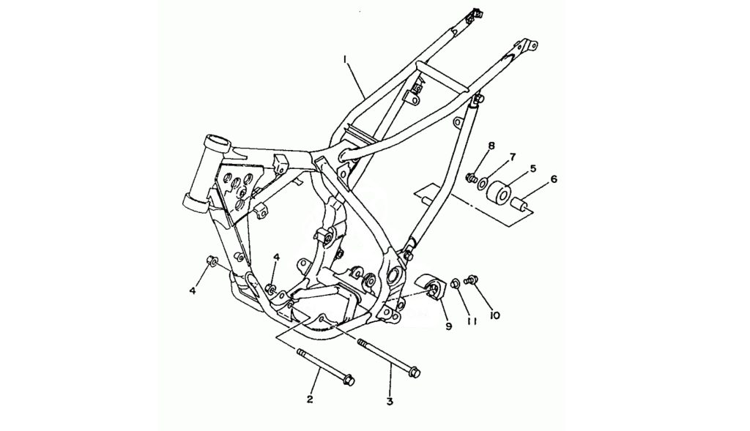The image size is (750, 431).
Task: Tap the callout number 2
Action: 310,399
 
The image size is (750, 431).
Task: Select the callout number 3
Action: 390,402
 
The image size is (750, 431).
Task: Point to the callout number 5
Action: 533,169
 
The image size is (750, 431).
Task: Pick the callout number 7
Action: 512,157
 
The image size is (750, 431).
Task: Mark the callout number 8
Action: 491,146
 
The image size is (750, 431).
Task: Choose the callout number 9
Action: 449,326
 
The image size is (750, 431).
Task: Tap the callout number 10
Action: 494,315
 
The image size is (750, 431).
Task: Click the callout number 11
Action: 472,321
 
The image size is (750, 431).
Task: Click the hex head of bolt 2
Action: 348,381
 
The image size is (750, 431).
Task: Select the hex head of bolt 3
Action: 415,371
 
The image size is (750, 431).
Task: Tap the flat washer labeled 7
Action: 483,182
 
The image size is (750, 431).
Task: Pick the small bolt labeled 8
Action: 471,179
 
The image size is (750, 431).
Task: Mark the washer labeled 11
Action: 456,284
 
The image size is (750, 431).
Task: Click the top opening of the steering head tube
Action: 218,141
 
